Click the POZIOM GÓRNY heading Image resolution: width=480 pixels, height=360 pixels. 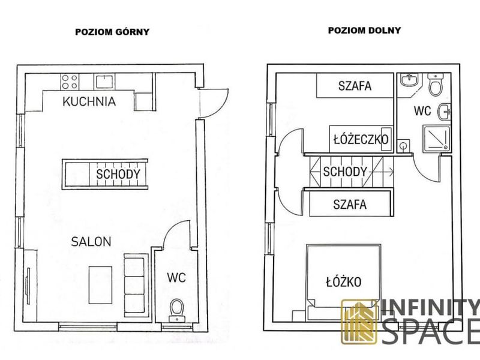click(x=112, y=32)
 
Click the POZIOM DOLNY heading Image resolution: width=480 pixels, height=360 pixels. click(x=364, y=31)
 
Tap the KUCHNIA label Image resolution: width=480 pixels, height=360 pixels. click(x=89, y=101)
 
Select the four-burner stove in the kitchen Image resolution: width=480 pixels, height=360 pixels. click(x=70, y=82)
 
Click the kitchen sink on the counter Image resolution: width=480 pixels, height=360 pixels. click(x=104, y=82)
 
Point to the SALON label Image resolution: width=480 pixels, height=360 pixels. click(x=91, y=242)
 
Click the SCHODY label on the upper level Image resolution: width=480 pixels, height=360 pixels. click(x=118, y=174)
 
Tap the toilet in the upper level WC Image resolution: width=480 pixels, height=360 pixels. click(x=177, y=310)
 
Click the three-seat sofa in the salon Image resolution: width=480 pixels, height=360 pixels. click(x=134, y=286)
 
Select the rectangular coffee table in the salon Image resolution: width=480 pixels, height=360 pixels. click(x=100, y=285)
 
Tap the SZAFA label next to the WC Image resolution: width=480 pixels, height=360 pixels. click(x=355, y=86)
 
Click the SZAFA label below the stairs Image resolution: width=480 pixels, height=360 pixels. click(x=350, y=204)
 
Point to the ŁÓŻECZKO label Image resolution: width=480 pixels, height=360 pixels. click(x=361, y=139)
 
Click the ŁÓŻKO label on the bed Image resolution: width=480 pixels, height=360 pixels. click(x=344, y=281)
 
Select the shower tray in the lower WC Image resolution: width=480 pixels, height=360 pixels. click(x=437, y=139)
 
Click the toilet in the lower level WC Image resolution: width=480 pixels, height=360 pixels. click(x=436, y=84)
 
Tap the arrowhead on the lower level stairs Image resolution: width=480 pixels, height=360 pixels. click(x=391, y=172)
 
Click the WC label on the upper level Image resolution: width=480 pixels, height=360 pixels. click(x=176, y=278)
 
